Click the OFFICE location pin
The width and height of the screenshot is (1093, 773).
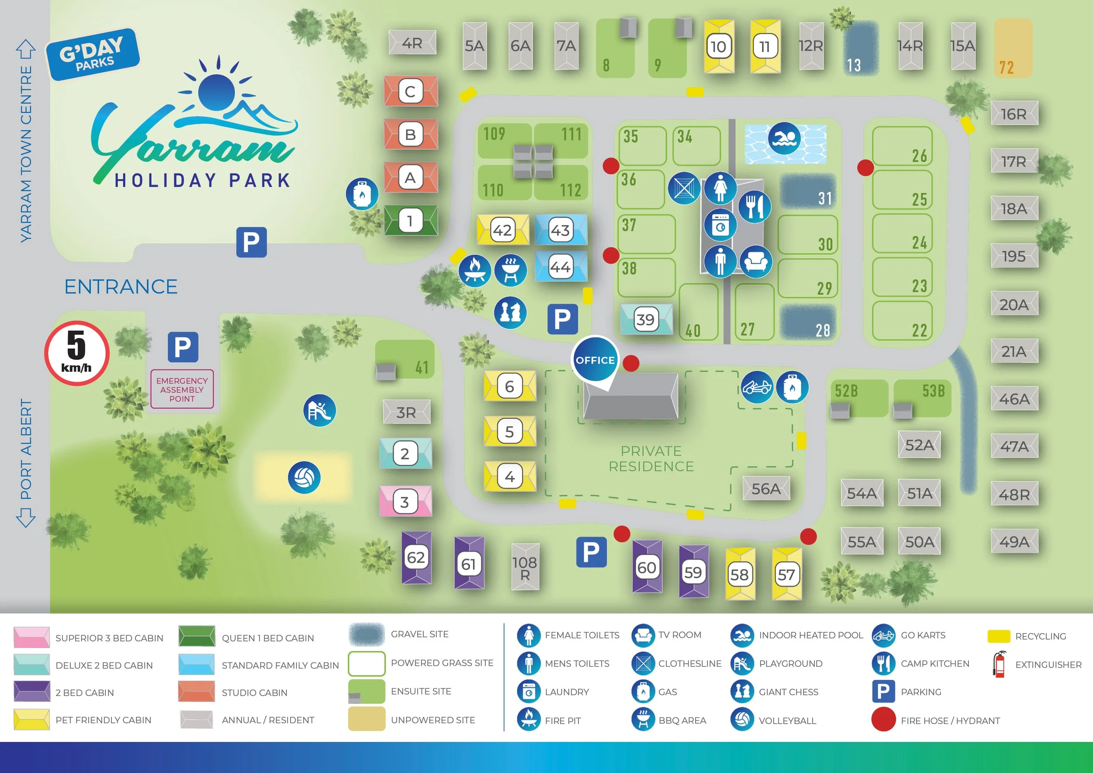pyautogui.click(x=595, y=360)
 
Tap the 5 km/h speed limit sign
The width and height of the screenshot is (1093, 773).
pyautogui.click(x=77, y=353)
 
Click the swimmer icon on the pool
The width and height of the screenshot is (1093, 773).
pyautogui.click(x=783, y=139)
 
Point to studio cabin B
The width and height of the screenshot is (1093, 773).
pyautogui.click(x=411, y=134)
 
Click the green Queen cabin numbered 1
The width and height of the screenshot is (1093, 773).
pyautogui.click(x=411, y=220)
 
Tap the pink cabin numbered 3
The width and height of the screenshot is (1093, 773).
pyautogui.click(x=405, y=501)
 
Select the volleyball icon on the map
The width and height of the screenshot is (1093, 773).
pyautogui.click(x=304, y=477)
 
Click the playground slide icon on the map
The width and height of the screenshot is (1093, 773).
pyautogui.click(x=320, y=410)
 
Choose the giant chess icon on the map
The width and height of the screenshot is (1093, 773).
pyautogui.click(x=510, y=313)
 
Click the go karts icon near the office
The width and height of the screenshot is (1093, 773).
pyautogui.click(x=756, y=387)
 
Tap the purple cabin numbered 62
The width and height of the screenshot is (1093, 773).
pyautogui.click(x=416, y=557)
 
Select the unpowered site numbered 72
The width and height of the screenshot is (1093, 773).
pyautogui.click(x=1013, y=48)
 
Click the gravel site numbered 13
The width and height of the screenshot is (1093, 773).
pyautogui.click(x=861, y=48)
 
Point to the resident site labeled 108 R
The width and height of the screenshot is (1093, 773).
pyautogui.click(x=525, y=568)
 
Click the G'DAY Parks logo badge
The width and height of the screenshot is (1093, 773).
pyautogui.click(x=93, y=54)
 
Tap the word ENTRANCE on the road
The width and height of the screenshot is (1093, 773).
pyautogui.click(x=121, y=287)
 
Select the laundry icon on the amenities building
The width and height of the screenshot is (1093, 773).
pyautogui.click(x=720, y=225)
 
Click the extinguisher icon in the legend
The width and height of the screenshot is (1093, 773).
pyautogui.click(x=999, y=664)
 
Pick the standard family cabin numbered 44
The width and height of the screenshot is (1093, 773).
pyautogui.click(x=560, y=267)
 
